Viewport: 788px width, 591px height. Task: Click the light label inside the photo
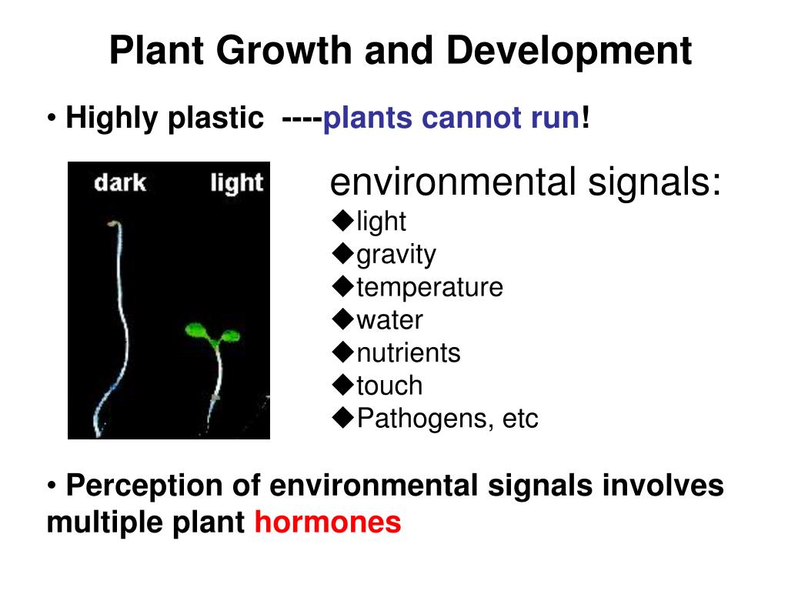(x=236, y=184)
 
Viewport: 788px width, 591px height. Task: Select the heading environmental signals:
(x=526, y=183)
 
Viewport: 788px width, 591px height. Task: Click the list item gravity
(x=396, y=254)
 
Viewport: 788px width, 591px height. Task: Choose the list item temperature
(x=429, y=287)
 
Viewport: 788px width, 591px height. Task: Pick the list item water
(x=389, y=320)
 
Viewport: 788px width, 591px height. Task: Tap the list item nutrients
(x=408, y=353)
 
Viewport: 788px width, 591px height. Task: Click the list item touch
(x=389, y=386)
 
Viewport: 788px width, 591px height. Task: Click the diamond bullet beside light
(x=342, y=221)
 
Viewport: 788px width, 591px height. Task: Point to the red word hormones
(x=328, y=523)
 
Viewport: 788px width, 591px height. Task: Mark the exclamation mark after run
(x=586, y=119)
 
